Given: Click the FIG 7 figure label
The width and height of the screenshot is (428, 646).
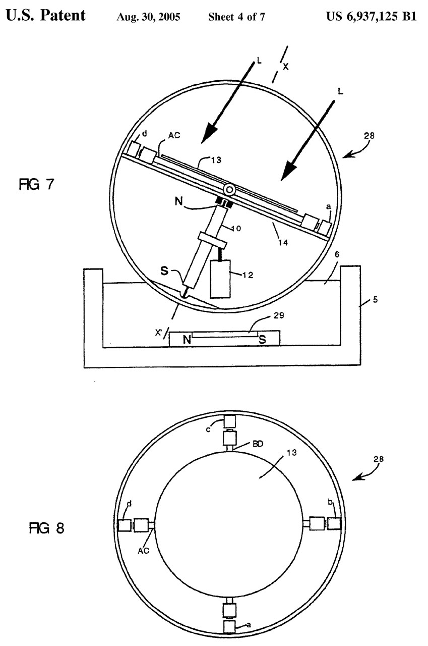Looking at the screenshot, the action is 36,184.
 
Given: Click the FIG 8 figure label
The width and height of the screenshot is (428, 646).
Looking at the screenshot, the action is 46,528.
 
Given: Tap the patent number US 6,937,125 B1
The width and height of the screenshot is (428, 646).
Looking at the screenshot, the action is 371,16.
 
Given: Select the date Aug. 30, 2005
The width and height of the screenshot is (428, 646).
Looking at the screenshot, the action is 148,17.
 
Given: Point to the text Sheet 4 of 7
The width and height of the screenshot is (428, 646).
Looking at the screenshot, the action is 236,17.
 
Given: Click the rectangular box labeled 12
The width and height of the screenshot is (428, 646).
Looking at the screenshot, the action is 220,279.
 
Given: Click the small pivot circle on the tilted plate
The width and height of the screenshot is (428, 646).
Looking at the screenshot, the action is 229,190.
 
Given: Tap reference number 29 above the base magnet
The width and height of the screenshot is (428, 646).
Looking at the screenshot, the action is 278,315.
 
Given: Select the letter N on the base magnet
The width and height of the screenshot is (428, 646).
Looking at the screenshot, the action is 187,340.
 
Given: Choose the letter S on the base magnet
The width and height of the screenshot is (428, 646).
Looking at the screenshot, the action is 262,340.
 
